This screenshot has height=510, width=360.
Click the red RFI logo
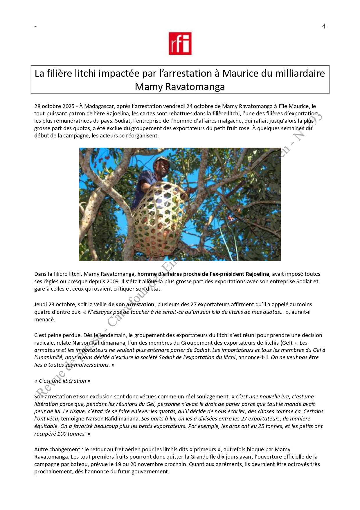tap(180, 43)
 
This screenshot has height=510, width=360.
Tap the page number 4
tap(324, 26)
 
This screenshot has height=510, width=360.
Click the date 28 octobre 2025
tap(54, 106)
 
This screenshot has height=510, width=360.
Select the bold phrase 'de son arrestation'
tap(131, 304)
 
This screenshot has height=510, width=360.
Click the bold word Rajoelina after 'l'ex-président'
tap(258, 274)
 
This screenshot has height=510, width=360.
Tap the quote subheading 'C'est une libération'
tap(62, 381)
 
